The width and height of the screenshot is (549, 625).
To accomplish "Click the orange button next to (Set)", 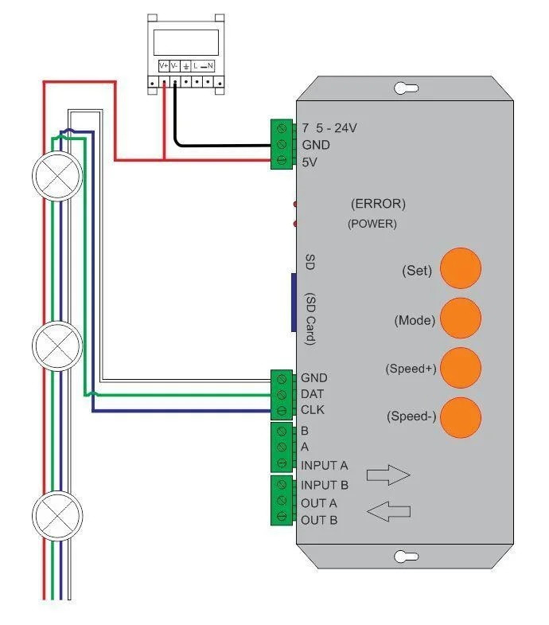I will pos(461,268).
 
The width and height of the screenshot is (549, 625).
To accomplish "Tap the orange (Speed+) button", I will pos(461,368).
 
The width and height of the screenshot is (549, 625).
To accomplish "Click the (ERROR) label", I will pos(379,204).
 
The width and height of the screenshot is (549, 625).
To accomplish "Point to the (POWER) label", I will pos(372,224).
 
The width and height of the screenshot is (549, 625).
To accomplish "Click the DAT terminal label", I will pos(313,394).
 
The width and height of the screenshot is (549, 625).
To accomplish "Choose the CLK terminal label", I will pos(313,410).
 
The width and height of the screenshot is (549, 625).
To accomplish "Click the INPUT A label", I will pos(325,465).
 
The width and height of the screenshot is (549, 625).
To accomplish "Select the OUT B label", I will pos(319,520).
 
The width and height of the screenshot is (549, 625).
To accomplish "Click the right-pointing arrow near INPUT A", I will pos(387,475).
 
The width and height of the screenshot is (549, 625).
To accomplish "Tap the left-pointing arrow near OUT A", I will pos(388,510).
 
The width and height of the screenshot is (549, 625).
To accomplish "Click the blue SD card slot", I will pos(293,302).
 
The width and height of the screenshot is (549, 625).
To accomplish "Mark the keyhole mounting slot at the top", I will pos(407,88).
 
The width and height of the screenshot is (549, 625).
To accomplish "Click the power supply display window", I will pos(185,41).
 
